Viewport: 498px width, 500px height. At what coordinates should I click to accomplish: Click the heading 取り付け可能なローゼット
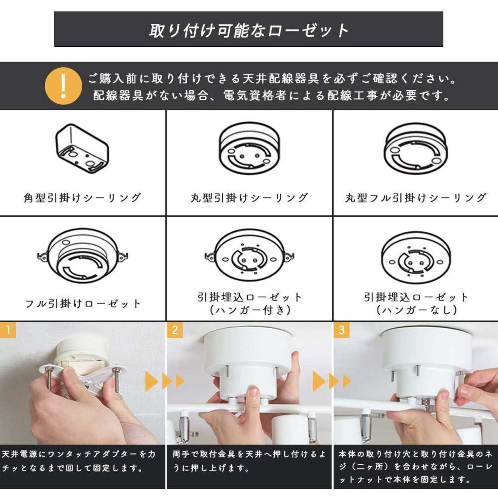pyautogui.click(x=249, y=30)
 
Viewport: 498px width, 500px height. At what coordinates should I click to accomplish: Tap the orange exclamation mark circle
pyautogui.click(x=63, y=86)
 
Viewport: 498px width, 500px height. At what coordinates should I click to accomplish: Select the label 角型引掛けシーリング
pyautogui.click(x=82, y=198)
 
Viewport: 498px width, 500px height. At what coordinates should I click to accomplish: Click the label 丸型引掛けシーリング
pyautogui.click(x=249, y=198)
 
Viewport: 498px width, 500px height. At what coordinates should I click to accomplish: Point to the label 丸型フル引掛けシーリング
pyautogui.click(x=416, y=198)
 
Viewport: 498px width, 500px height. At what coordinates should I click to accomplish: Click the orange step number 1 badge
pyautogui.click(x=8, y=330)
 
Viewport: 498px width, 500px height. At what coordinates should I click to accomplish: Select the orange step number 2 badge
pyautogui.click(x=175, y=330)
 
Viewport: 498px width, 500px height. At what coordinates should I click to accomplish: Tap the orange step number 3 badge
pyautogui.click(x=342, y=330)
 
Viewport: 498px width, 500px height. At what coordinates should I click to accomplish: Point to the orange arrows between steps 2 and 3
pyautogui.click(x=332, y=381)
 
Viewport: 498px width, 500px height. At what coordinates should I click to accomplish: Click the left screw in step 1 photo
pyautogui.click(x=50, y=377)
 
